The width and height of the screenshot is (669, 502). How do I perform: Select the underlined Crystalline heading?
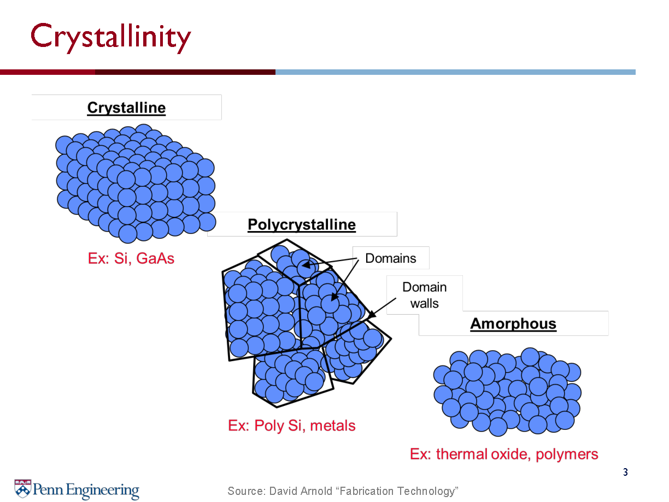click(x=126, y=108)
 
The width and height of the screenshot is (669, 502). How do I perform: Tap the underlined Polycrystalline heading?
click(x=301, y=225)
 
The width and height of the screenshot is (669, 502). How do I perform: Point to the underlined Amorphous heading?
click(x=513, y=323)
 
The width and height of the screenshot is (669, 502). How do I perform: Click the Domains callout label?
click(x=390, y=258)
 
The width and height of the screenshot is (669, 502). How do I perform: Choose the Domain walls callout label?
click(x=424, y=295)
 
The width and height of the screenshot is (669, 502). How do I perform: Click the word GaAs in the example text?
click(x=155, y=258)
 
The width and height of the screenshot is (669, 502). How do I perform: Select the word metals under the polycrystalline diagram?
click(x=332, y=426)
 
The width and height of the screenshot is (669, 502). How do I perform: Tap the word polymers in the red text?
click(x=567, y=454)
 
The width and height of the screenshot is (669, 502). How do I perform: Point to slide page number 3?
click(x=625, y=472)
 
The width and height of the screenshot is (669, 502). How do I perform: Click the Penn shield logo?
click(x=23, y=488)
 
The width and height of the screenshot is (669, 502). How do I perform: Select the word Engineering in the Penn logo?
click(x=102, y=491)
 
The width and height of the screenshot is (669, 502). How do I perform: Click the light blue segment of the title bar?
click(x=455, y=72)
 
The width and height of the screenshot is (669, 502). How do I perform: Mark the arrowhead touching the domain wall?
click(x=372, y=314)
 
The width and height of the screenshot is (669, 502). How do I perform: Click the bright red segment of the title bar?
click(x=48, y=72)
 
